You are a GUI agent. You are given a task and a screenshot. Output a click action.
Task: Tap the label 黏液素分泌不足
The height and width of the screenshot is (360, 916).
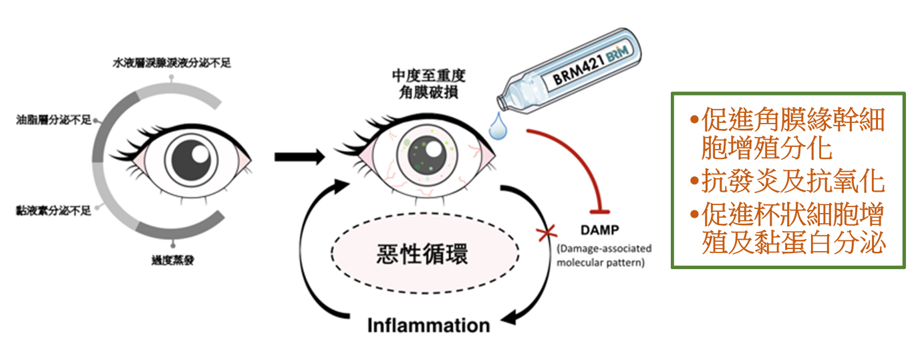[53, 211]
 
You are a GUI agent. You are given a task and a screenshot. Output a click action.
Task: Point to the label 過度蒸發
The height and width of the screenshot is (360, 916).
[172, 260]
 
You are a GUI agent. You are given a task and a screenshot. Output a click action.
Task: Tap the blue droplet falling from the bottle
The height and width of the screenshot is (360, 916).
[498, 126]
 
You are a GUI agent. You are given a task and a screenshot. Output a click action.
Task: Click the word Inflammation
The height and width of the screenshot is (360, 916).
[428, 326]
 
